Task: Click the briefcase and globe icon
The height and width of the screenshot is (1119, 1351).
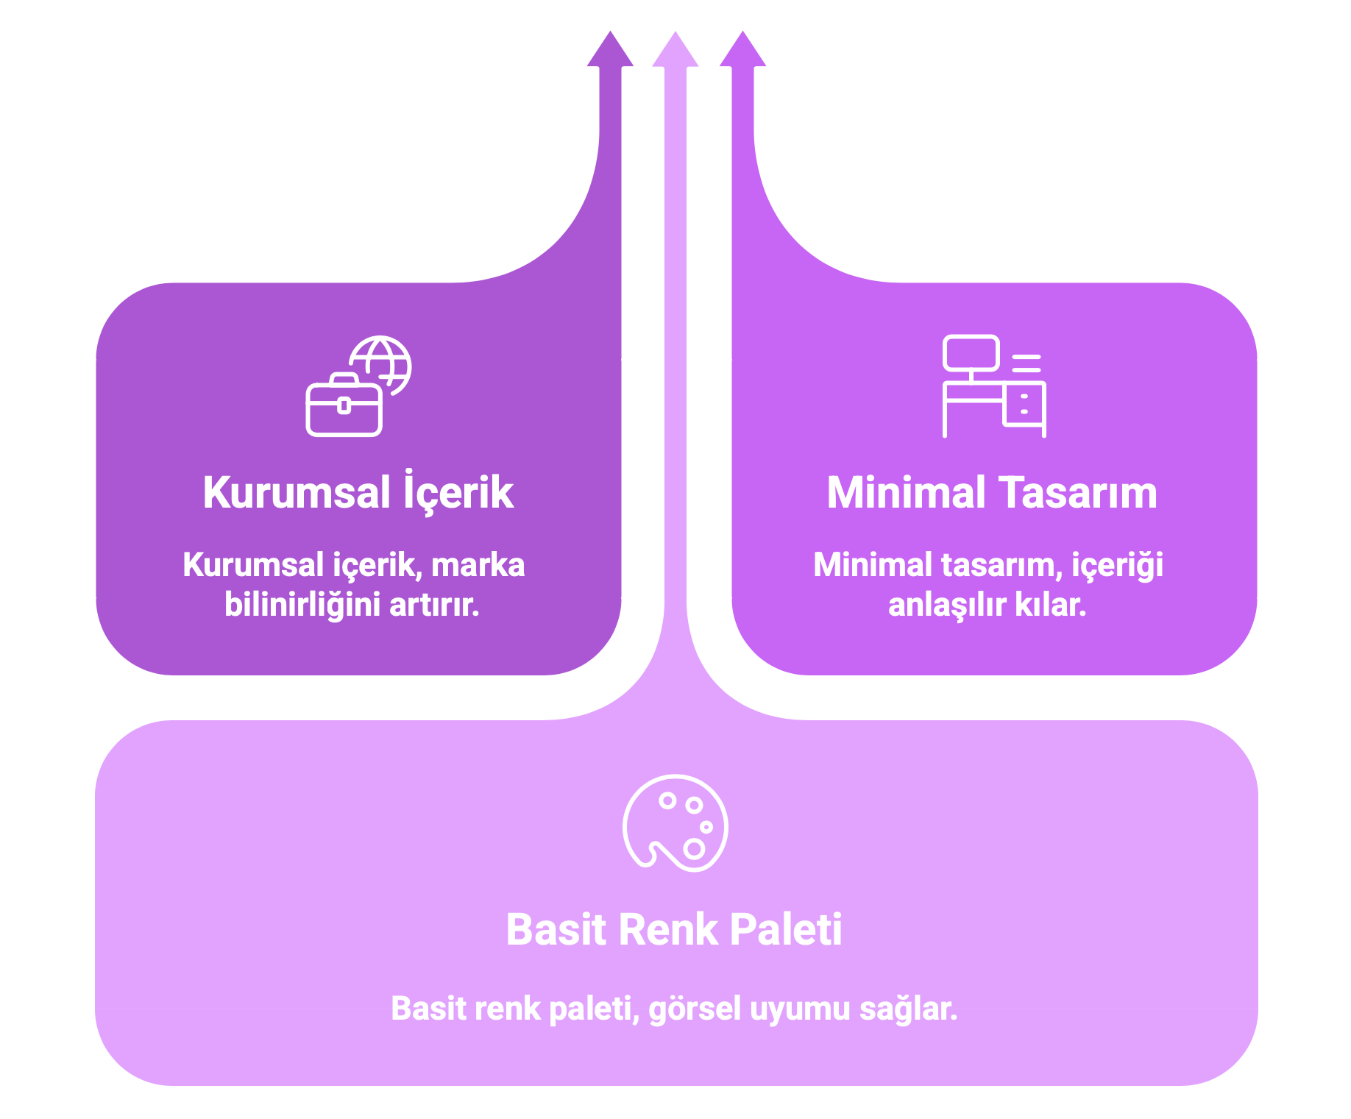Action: click(358, 386)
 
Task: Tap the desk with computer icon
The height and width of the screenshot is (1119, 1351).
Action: click(994, 386)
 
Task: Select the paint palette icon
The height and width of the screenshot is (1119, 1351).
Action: click(675, 823)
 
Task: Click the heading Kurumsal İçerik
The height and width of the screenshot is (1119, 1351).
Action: click(358, 492)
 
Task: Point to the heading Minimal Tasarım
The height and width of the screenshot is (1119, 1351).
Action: click(992, 492)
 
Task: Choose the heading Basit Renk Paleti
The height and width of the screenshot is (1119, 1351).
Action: click(674, 929)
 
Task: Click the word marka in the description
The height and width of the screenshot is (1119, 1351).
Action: click(478, 565)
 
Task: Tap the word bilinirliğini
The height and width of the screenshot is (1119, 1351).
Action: click(302, 605)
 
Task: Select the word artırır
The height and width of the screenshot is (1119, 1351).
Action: click(434, 605)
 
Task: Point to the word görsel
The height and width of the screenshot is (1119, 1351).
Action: click(695, 1009)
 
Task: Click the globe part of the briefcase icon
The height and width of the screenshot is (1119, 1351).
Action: click(382, 362)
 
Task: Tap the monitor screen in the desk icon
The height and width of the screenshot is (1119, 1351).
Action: click(971, 353)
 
